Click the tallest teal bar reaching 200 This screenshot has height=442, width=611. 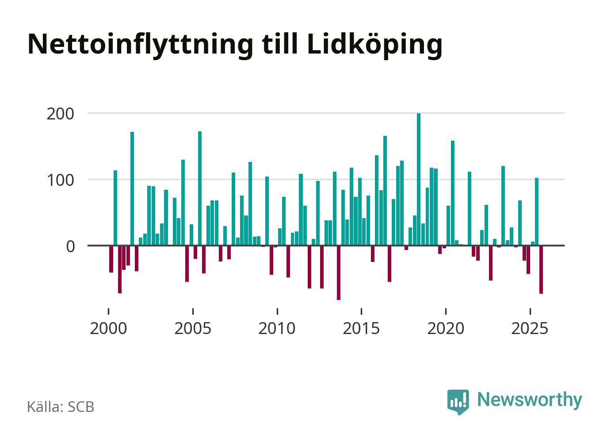coord(419,179)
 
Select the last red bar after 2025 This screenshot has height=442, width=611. coord(541,269)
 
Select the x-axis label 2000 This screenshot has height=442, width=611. coord(108,329)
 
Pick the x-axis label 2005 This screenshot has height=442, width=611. coord(193,329)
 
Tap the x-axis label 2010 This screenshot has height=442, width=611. coord(277,329)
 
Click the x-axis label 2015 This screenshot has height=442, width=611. coord(362,329)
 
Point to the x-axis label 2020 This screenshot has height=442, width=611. coord(446,329)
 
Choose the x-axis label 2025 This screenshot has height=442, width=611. coord(530,329)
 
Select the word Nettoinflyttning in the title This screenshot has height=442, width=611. coord(140,44)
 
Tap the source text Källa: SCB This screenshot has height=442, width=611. coord(61,407)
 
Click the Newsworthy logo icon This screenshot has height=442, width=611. coord(458,401)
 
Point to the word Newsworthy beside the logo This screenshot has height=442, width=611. coord(530,400)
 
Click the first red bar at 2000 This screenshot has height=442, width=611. coord(111,259)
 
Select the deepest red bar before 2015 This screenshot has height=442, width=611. coord(339,273)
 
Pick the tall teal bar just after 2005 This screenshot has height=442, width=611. coord(200,188)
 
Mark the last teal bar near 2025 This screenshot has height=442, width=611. coord(537,211)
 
